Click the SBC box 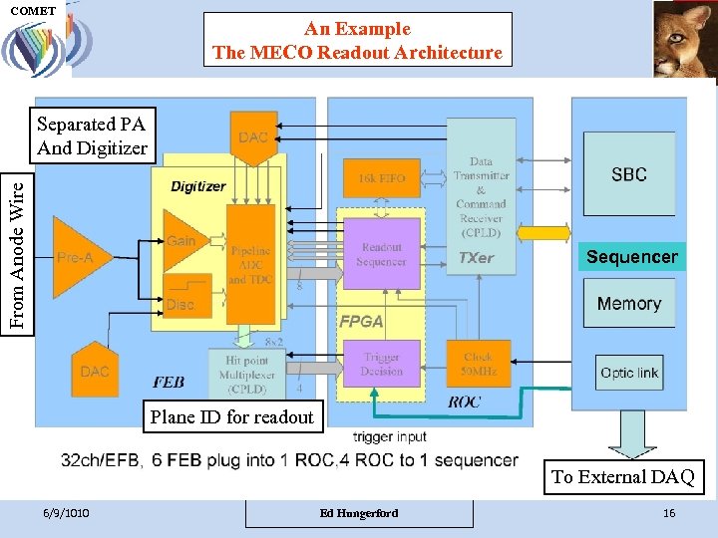click(x=628, y=174)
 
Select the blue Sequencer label click(x=631, y=257)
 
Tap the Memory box click(x=628, y=303)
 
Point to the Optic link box click(x=628, y=373)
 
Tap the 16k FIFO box click(x=380, y=178)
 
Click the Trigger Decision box click(x=381, y=364)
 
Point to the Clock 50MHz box click(x=479, y=364)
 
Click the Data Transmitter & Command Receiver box click(x=481, y=189)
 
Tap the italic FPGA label click(x=361, y=322)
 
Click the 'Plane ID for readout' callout click(x=231, y=417)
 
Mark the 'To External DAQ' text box click(x=622, y=476)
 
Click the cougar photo click(x=684, y=38)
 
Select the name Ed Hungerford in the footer click(x=358, y=512)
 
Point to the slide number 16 click(x=669, y=512)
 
